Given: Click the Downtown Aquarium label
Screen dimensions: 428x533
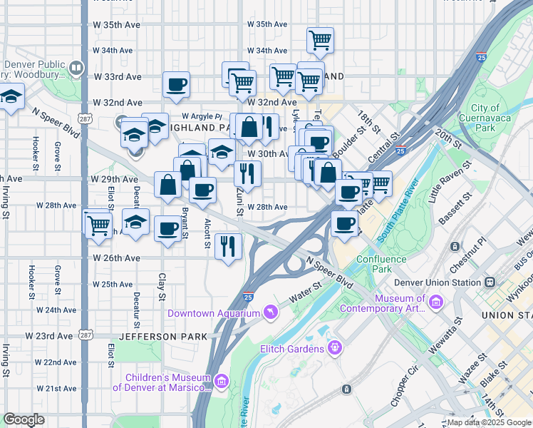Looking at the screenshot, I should click(213, 313).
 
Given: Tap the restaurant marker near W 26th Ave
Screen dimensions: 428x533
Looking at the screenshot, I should click(228, 246).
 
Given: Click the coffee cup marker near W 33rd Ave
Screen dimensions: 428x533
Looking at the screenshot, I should click(176, 85).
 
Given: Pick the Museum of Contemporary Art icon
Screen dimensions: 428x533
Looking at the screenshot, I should click(435, 305).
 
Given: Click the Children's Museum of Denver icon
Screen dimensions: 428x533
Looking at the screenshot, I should click(221, 383).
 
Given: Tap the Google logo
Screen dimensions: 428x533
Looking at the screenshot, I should click(24, 419).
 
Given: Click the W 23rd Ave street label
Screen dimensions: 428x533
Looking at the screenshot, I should click(49, 335).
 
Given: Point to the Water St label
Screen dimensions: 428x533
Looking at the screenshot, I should click(306, 292).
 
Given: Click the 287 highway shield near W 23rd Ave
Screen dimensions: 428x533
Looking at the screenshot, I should click(86, 335).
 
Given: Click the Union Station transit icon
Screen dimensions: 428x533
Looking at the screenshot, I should click(491, 282).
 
